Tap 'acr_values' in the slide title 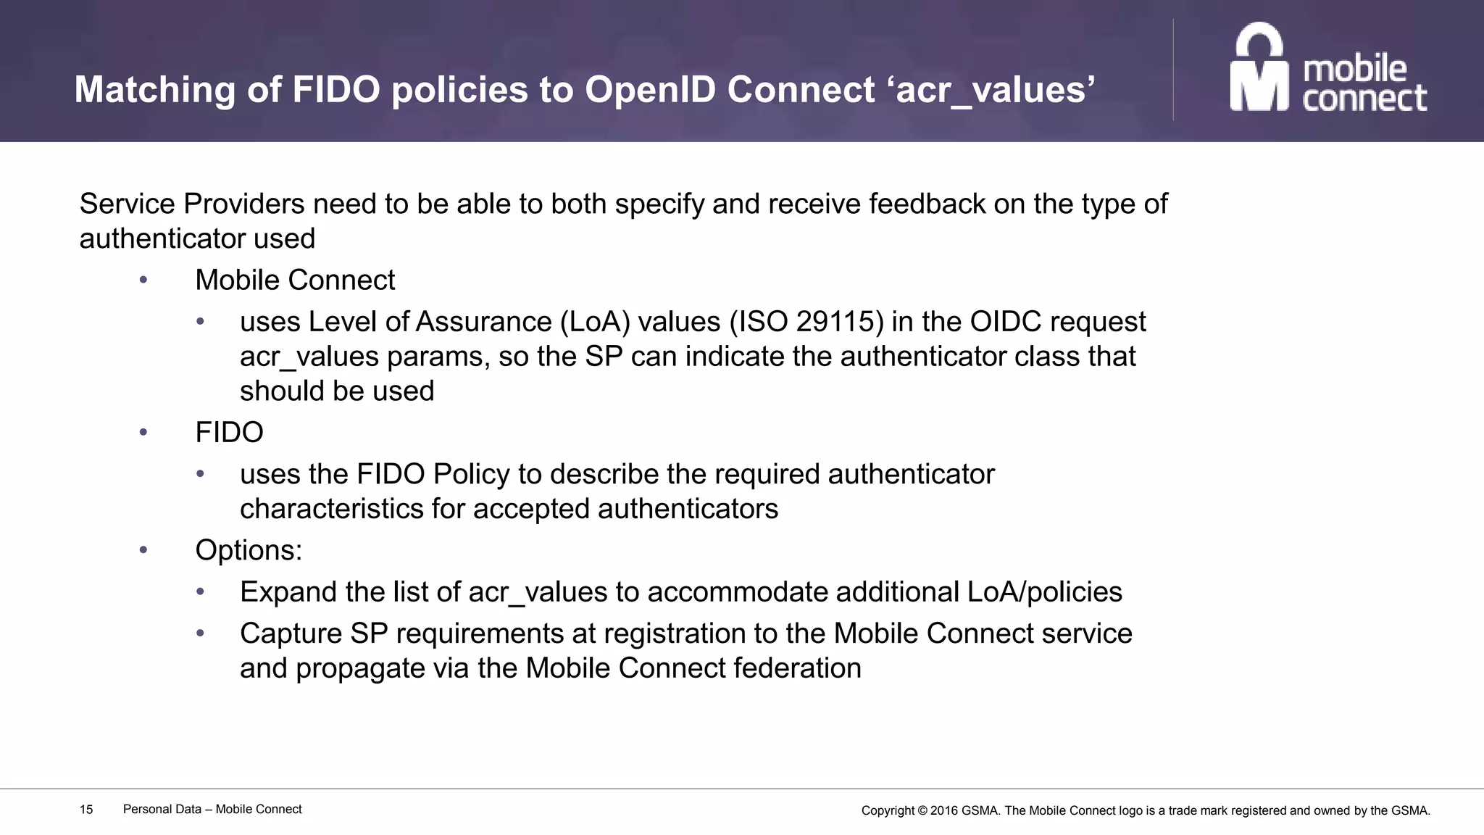tap(995, 90)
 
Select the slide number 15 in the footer tap(86, 810)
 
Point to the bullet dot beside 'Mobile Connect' tap(143, 280)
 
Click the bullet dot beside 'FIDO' tap(143, 433)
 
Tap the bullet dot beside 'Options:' tap(143, 550)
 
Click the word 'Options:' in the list tap(249, 550)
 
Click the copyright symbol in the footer tap(922, 811)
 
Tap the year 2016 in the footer tap(943, 811)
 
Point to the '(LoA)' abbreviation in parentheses tap(595, 322)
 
